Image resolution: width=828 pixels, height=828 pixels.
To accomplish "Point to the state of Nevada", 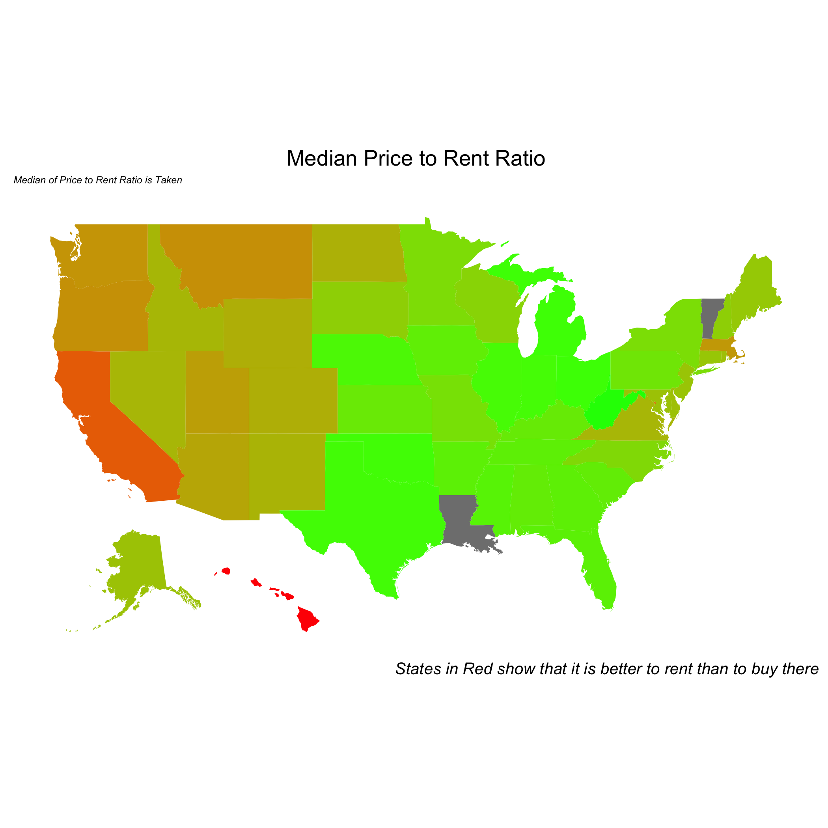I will tap(148, 386).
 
